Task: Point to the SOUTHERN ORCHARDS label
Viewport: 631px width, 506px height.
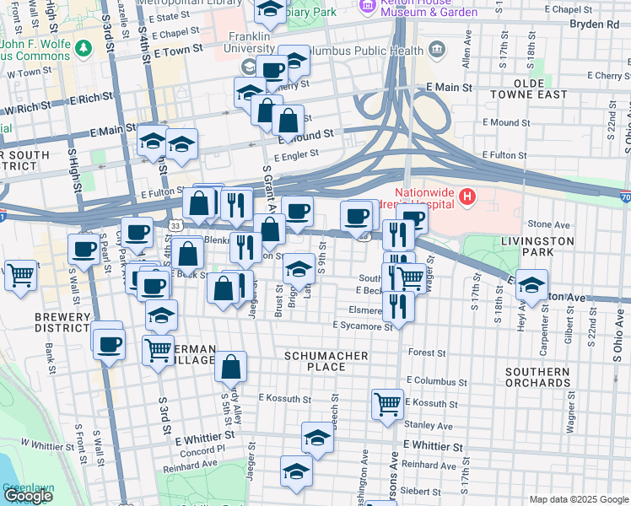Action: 537,377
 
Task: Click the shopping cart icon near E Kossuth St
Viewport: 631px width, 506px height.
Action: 387,404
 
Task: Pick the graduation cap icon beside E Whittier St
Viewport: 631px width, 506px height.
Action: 317,439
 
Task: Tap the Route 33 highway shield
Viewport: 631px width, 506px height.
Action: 175,226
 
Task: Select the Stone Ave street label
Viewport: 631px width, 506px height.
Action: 548,224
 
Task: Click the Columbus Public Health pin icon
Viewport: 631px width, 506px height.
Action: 436,47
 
